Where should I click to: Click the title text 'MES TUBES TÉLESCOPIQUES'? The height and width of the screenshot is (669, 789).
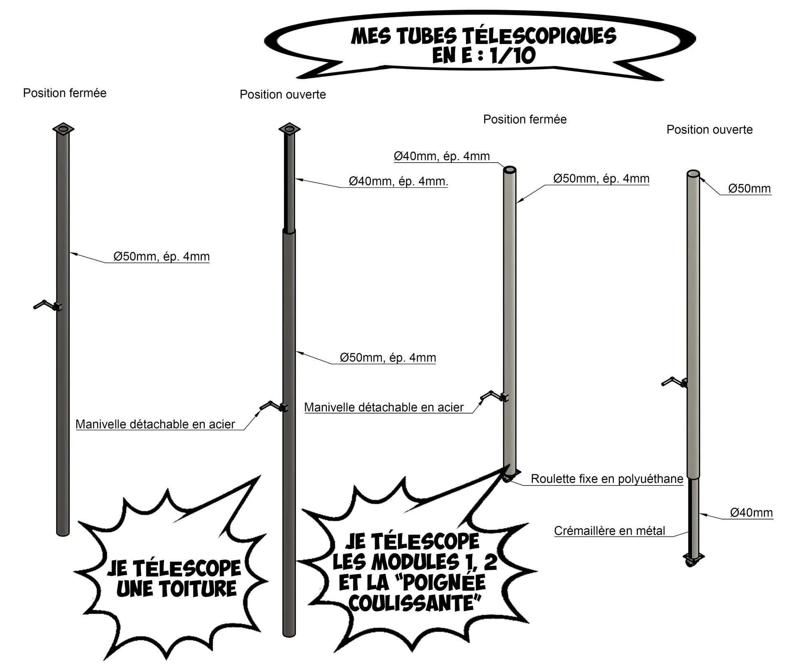click(483, 36)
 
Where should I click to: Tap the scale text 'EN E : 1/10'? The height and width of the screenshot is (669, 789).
click(483, 56)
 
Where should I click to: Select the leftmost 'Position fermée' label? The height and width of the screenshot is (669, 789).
click(65, 93)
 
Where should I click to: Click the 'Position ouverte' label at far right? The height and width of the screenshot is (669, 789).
click(709, 130)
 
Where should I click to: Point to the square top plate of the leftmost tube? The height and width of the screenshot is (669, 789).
click(63, 129)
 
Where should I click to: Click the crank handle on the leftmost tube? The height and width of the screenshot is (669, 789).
click(46, 305)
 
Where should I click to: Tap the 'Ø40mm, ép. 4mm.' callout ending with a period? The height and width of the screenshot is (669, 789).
click(398, 181)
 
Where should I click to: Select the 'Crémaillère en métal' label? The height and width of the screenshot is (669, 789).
click(609, 531)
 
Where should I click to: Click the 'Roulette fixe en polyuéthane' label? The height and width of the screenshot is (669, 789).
click(607, 479)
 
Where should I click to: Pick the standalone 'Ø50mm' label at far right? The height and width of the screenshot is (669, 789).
click(749, 189)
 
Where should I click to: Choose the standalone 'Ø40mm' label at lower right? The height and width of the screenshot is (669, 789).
click(751, 513)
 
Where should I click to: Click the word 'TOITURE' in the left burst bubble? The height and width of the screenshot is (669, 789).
click(177, 589)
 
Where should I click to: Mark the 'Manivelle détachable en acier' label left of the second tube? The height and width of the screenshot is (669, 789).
click(155, 424)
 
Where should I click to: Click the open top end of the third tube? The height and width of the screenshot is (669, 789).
click(510, 170)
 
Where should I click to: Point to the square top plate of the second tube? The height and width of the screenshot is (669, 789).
click(289, 129)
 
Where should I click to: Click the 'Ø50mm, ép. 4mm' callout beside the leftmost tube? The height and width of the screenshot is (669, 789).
click(161, 257)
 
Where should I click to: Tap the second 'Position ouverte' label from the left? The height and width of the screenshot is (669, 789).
click(283, 95)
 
